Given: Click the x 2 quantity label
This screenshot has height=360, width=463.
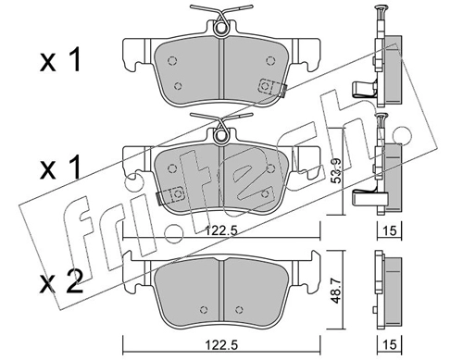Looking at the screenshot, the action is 61,281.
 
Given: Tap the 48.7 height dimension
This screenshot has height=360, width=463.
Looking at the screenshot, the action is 336,291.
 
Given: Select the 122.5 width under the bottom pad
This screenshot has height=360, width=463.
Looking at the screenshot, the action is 221,344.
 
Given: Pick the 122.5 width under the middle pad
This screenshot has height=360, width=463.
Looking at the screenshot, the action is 221,230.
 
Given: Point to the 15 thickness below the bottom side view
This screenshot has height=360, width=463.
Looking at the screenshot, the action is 390,344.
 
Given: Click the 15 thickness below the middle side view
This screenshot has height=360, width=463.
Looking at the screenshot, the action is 390,230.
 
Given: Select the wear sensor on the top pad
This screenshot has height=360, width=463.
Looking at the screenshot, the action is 271,87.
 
